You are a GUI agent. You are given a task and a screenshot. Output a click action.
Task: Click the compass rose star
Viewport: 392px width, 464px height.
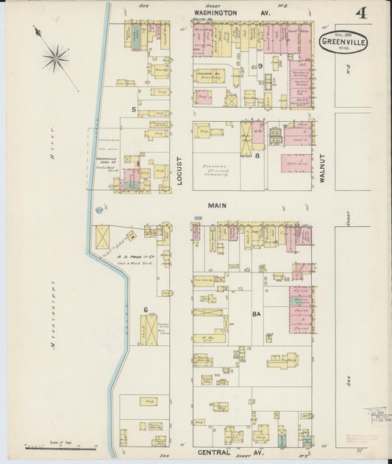[x=55, y=57]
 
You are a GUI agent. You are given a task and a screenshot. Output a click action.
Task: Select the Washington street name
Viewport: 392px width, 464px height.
[x=215, y=13]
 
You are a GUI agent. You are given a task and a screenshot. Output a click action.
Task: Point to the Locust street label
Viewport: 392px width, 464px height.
[x=179, y=169]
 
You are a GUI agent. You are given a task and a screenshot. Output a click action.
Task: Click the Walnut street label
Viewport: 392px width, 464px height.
[x=321, y=168]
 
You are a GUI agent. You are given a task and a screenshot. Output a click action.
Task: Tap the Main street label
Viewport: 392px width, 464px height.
[x=216, y=206]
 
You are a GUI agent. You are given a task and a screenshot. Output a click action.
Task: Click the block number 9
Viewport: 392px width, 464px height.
[x=260, y=66]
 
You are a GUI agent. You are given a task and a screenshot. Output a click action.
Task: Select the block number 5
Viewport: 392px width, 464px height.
[x=133, y=110]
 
